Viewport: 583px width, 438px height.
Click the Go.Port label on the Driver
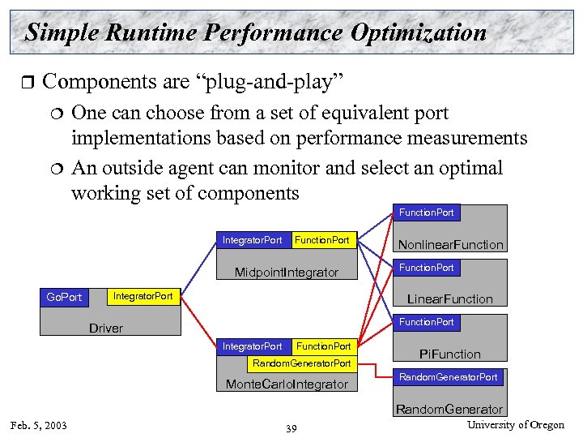[64, 297]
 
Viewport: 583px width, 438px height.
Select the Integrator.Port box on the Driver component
[143, 296]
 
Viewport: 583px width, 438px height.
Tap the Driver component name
[106, 328]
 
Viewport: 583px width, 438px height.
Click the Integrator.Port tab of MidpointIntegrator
[252, 240]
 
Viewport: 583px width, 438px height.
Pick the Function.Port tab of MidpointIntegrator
[322, 240]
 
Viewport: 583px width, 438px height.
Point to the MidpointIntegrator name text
[287, 272]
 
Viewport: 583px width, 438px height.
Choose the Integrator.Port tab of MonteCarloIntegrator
[252, 346]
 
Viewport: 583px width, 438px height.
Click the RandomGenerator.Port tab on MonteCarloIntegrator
[301, 363]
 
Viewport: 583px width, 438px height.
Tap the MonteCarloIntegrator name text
[287, 384]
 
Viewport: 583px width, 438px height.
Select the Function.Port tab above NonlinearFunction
[426, 213]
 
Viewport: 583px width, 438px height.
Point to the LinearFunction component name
[449, 298]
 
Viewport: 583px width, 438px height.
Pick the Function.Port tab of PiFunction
[426, 322]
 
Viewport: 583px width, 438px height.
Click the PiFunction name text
[449, 354]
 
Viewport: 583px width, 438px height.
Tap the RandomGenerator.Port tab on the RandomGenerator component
[448, 377]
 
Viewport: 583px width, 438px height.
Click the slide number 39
[291, 428]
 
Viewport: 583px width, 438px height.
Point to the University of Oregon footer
[515, 425]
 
